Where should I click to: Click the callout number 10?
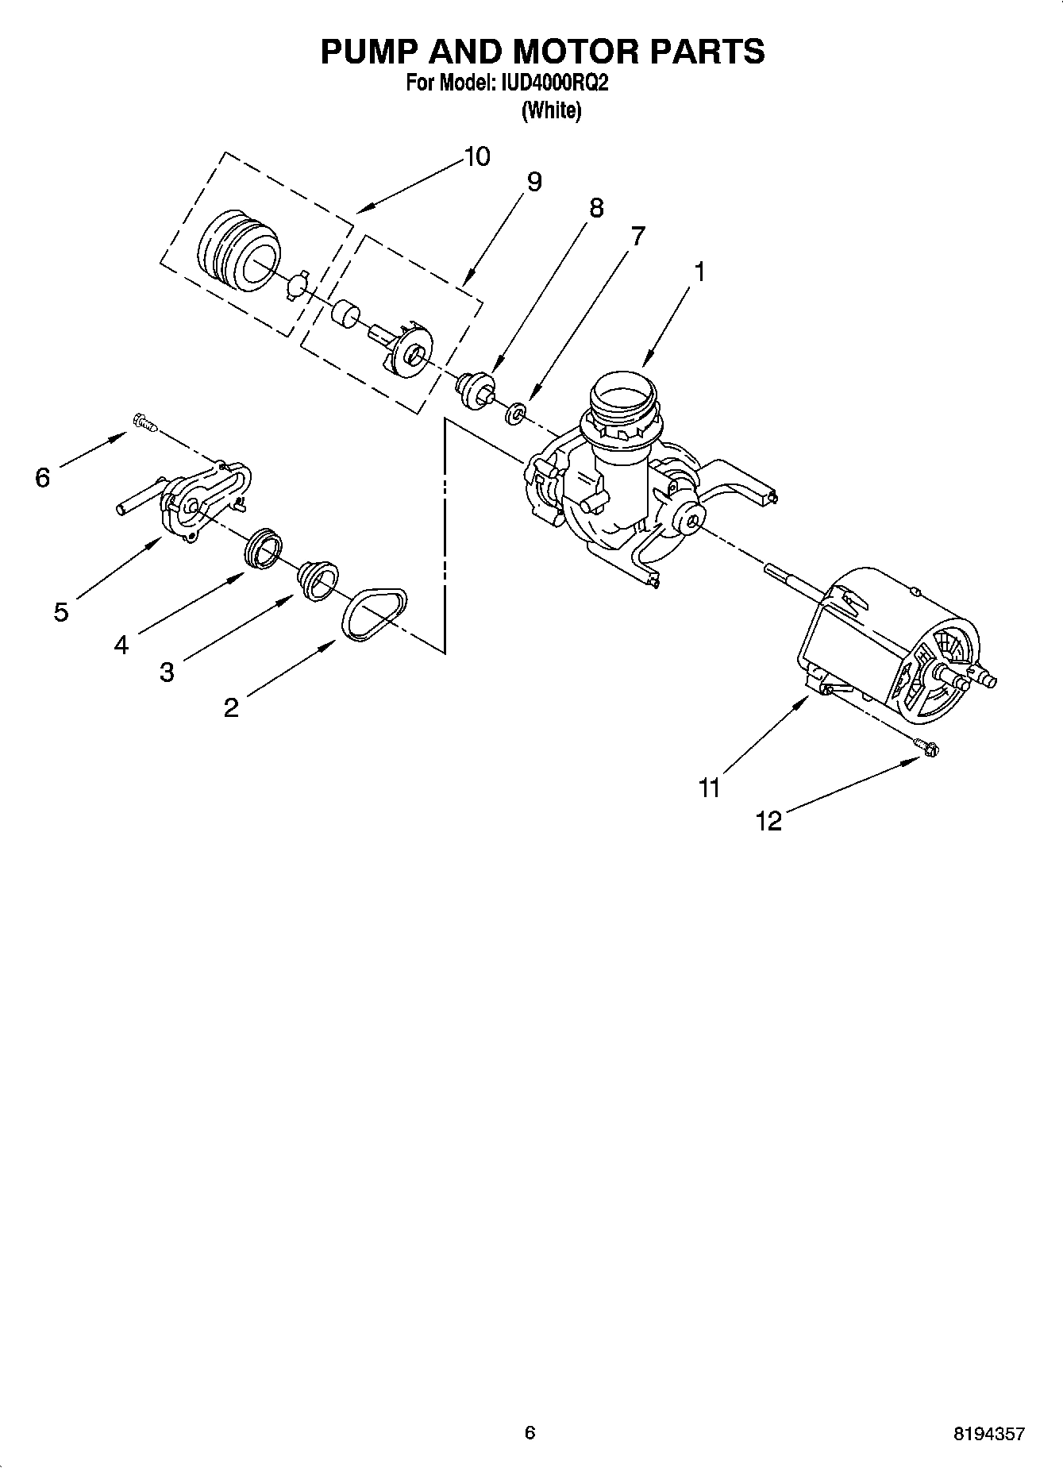point(476,157)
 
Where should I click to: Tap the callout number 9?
point(534,183)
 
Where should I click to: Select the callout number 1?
point(699,272)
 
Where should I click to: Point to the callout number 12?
point(768,821)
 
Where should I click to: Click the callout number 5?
point(61,612)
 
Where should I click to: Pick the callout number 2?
point(231,707)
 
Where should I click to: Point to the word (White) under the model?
point(551,110)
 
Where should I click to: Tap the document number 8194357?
point(989,1433)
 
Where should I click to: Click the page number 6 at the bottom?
point(530,1432)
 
